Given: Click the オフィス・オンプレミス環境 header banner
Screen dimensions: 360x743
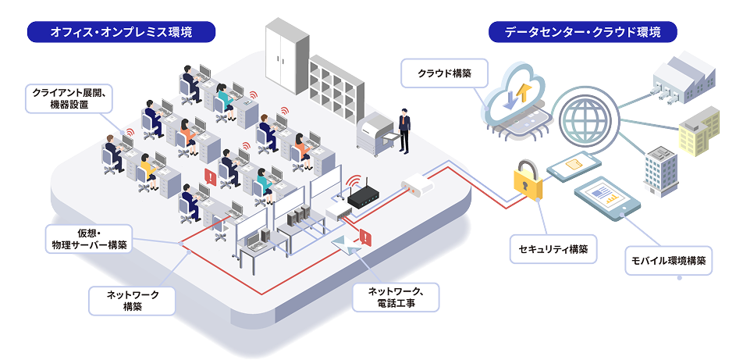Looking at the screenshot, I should pyautogui.click(x=121, y=32).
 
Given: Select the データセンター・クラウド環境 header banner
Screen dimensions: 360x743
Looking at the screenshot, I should pyautogui.click(x=582, y=32).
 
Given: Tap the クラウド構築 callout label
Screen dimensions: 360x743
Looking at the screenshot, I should pyautogui.click(x=443, y=75).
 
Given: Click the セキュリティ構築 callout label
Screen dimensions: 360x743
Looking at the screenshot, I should pyautogui.click(x=553, y=250).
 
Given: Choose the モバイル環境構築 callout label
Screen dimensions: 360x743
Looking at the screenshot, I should pyautogui.click(x=667, y=261).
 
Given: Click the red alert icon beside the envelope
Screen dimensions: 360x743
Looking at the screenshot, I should pyautogui.click(x=365, y=237).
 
